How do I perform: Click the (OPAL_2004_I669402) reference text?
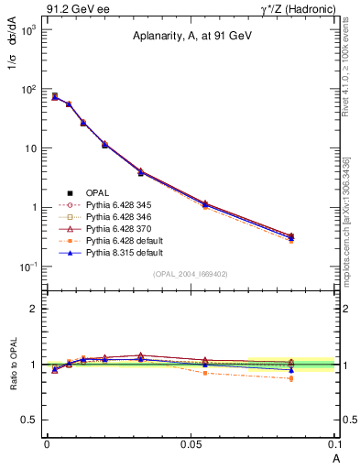click(191, 274)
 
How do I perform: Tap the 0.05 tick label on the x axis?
click(191, 443)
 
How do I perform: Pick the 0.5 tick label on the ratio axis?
click(29, 420)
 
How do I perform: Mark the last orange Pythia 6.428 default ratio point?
click(291, 378)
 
